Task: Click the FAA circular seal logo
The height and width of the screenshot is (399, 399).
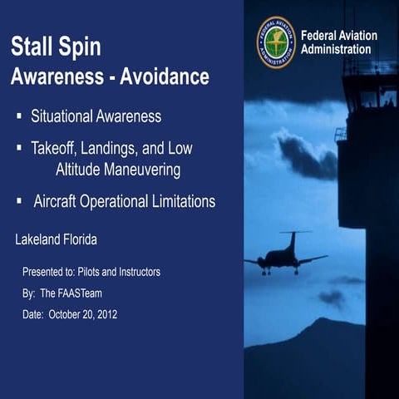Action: (276, 42)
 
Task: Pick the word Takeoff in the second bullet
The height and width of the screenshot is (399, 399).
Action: (55, 150)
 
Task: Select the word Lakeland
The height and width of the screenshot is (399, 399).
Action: (40, 240)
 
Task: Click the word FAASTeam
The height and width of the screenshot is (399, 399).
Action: (82, 293)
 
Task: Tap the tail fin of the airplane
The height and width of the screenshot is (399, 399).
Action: (292, 240)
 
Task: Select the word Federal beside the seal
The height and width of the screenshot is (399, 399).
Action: (318, 36)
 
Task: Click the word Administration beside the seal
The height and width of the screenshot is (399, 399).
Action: (336, 50)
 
